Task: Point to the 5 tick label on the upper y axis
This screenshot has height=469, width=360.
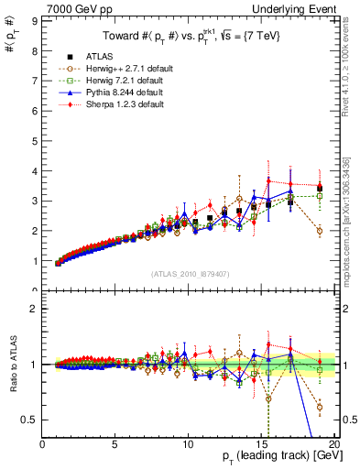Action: [x=34, y=140]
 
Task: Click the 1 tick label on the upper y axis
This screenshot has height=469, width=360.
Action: [x=34, y=261]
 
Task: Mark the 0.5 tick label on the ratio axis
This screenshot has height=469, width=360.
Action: [x=29, y=420]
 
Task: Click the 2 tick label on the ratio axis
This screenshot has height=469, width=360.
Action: [x=34, y=309]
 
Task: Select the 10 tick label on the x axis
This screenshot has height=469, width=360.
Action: [x=188, y=444]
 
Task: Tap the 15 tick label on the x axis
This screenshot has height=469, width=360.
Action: [x=261, y=444]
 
